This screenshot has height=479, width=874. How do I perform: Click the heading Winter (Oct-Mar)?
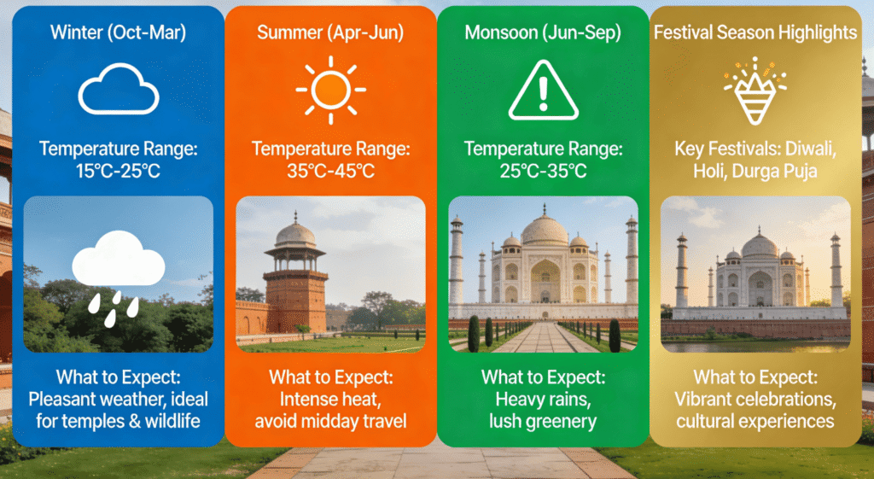118,33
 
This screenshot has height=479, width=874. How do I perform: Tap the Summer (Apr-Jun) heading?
330,33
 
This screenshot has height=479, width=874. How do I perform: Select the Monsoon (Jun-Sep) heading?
543,33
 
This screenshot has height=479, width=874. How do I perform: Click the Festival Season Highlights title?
755,33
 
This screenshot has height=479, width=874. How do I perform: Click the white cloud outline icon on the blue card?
118,90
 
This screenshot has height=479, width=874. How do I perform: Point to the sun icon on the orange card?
330,89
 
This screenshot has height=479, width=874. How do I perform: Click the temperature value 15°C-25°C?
118,171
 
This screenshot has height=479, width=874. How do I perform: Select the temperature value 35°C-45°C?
330,171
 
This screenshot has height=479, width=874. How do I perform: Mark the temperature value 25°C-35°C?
543,171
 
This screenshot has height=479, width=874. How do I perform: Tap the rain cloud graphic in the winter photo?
118,260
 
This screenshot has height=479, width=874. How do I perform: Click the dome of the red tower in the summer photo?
295,232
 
